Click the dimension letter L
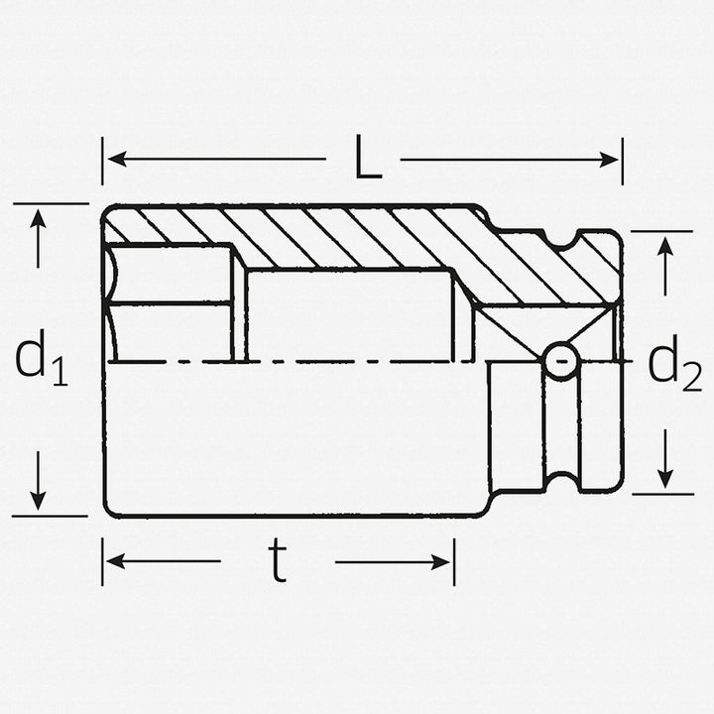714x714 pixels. (x=368, y=161)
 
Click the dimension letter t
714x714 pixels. (x=278, y=562)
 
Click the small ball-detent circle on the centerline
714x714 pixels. (x=562, y=362)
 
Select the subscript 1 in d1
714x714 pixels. (x=59, y=372)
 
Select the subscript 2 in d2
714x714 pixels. (x=691, y=377)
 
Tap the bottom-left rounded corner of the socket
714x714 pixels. (x=109, y=510)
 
